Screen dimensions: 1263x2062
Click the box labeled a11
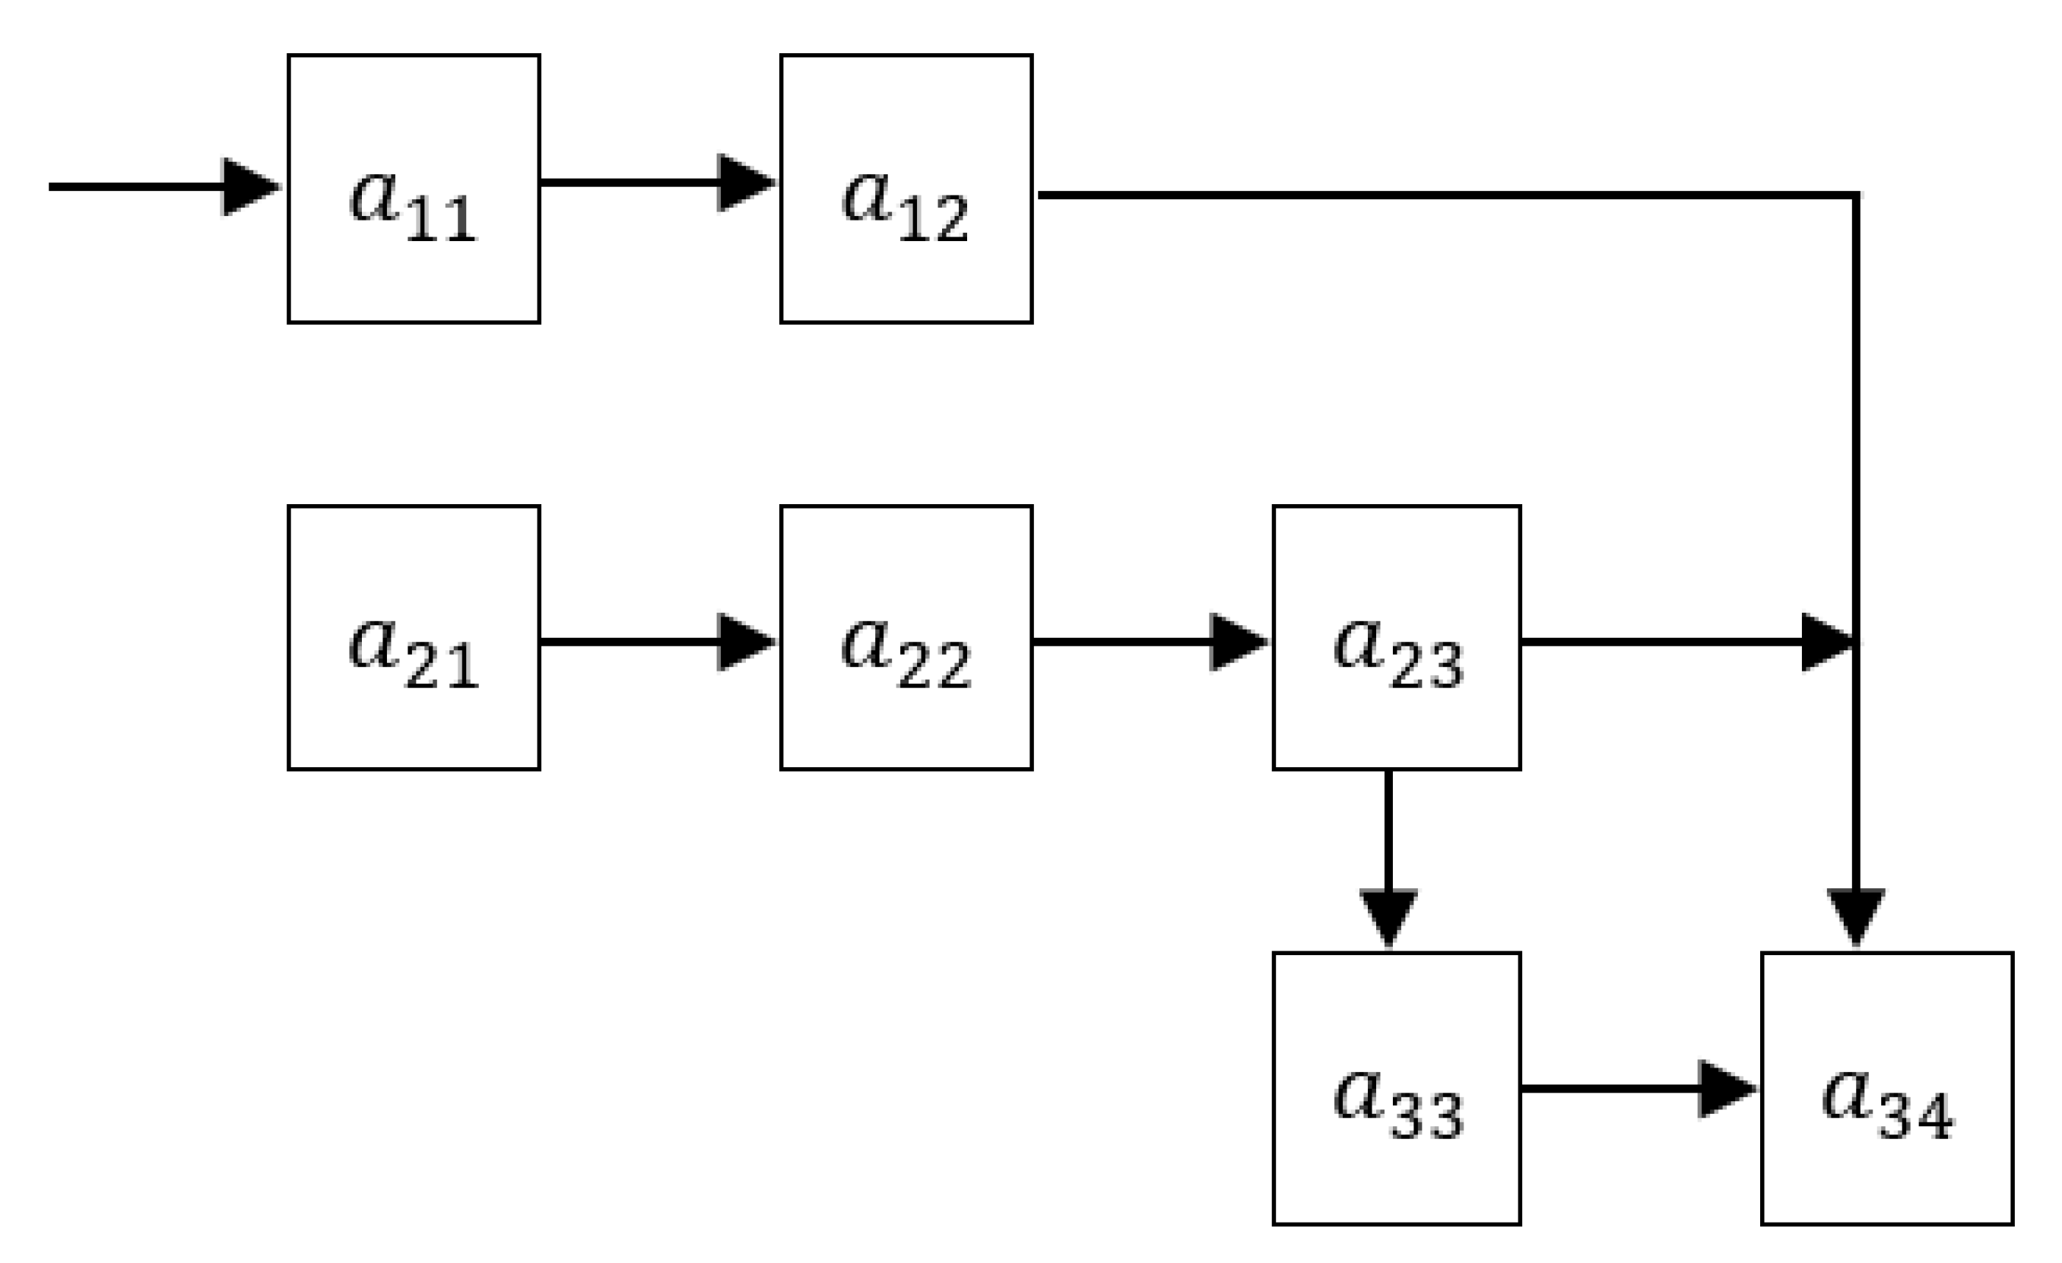[x=414, y=189]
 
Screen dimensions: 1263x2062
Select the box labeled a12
[x=906, y=189]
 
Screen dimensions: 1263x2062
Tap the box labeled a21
[x=414, y=638]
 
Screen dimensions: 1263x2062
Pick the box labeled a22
[x=906, y=638]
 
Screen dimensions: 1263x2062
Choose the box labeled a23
[x=1396, y=638]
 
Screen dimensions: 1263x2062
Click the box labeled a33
[x=1396, y=1088]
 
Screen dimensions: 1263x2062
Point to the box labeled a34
[x=1887, y=1088]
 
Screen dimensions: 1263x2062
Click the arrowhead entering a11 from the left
[x=249, y=186]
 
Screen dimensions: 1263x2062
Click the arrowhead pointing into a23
[x=1237, y=642]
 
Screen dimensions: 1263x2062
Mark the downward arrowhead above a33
[x=1388, y=917]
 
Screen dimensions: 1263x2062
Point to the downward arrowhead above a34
[x=1856, y=916]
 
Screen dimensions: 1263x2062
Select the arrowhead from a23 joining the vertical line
[x=1826, y=642]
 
